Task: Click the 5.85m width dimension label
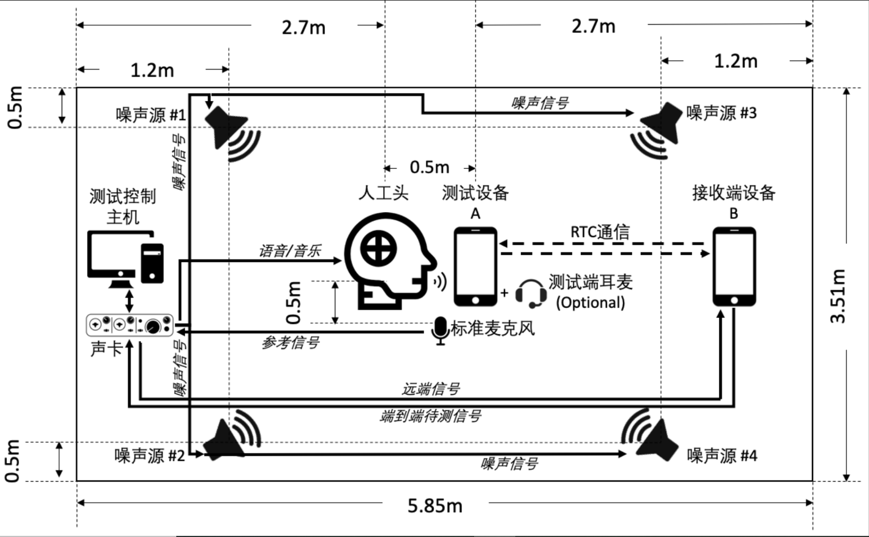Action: pyautogui.click(x=435, y=505)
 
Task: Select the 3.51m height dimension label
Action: pyautogui.click(x=838, y=296)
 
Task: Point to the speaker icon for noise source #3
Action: pyautogui.click(x=656, y=130)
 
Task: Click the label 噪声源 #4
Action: pyautogui.click(x=722, y=456)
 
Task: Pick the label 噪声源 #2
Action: pyautogui.click(x=149, y=456)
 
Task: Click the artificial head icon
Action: pyautogui.click(x=390, y=260)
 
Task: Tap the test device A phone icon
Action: pyautogui.click(x=475, y=267)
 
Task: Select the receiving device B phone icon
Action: pyautogui.click(x=734, y=267)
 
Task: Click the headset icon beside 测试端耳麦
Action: pyautogui.click(x=531, y=294)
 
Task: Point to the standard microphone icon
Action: pyautogui.click(x=440, y=330)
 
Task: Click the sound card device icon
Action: pyautogui.click(x=129, y=325)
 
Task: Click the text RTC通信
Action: pyautogui.click(x=599, y=232)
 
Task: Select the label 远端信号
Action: pyautogui.click(x=431, y=388)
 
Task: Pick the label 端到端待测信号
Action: pyautogui.click(x=431, y=416)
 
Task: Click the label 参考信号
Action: pyautogui.click(x=290, y=342)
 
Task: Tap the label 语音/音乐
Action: pyautogui.click(x=290, y=251)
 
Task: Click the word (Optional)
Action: pyautogui.click(x=590, y=303)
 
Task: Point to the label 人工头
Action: pyautogui.click(x=383, y=193)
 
